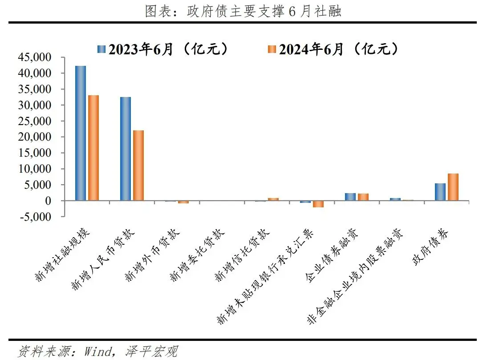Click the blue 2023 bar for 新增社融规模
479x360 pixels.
(81, 133)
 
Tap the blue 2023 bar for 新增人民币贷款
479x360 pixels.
(126, 149)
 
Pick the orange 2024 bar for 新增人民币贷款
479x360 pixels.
(138, 166)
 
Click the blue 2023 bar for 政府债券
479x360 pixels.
(440, 192)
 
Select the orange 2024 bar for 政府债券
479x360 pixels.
(453, 187)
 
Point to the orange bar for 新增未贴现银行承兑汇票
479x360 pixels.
(318, 204)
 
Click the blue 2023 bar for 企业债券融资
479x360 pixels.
(350, 197)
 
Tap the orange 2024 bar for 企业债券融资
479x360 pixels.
(363, 197)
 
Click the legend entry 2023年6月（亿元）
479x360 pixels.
(162, 49)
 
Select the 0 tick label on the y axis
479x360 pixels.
(56, 201)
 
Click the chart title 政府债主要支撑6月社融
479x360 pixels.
(243, 12)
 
